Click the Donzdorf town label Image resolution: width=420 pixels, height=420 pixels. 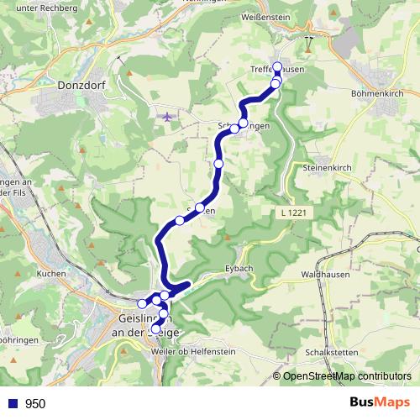coord(81,85)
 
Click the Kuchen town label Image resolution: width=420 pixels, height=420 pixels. coord(52,274)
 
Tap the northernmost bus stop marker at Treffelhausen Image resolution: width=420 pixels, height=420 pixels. coord(277,69)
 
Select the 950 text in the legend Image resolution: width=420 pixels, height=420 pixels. coord(35,403)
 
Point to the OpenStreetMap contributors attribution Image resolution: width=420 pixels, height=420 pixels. coord(348,376)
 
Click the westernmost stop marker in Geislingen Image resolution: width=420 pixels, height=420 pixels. coord(141,303)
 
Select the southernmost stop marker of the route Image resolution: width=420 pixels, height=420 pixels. coord(155,329)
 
